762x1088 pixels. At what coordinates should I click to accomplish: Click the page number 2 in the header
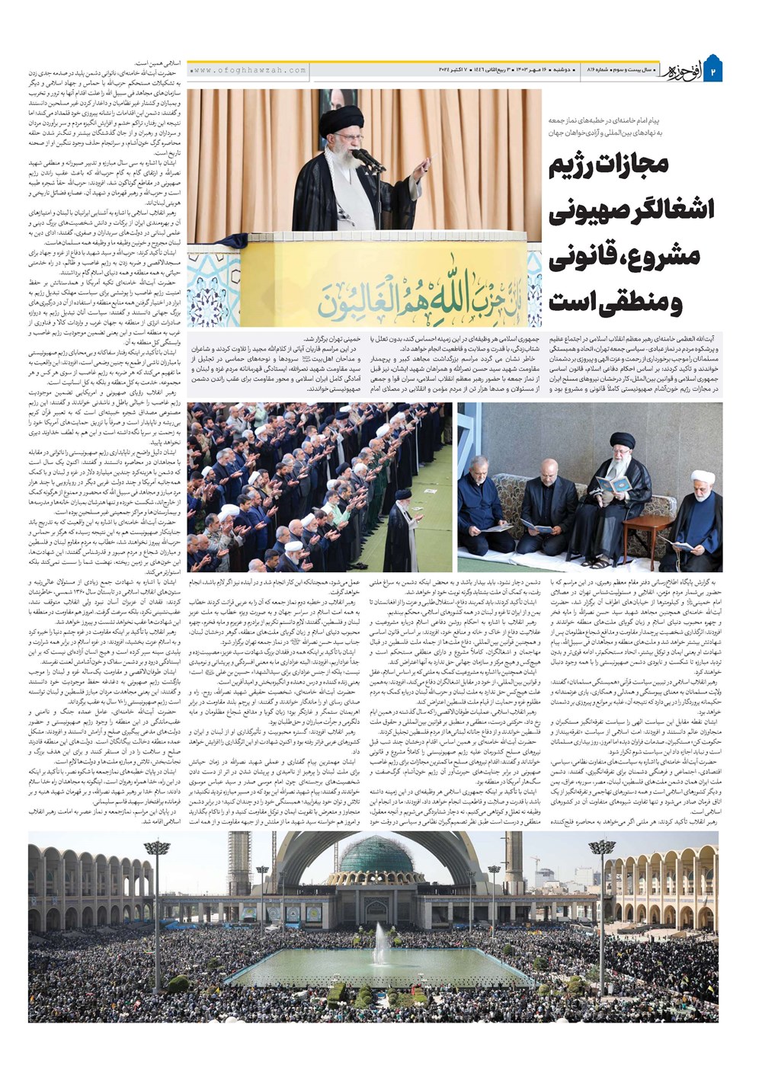714,71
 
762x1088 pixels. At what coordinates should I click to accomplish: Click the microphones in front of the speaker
369,159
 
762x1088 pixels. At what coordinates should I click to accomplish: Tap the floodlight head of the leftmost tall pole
156,847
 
